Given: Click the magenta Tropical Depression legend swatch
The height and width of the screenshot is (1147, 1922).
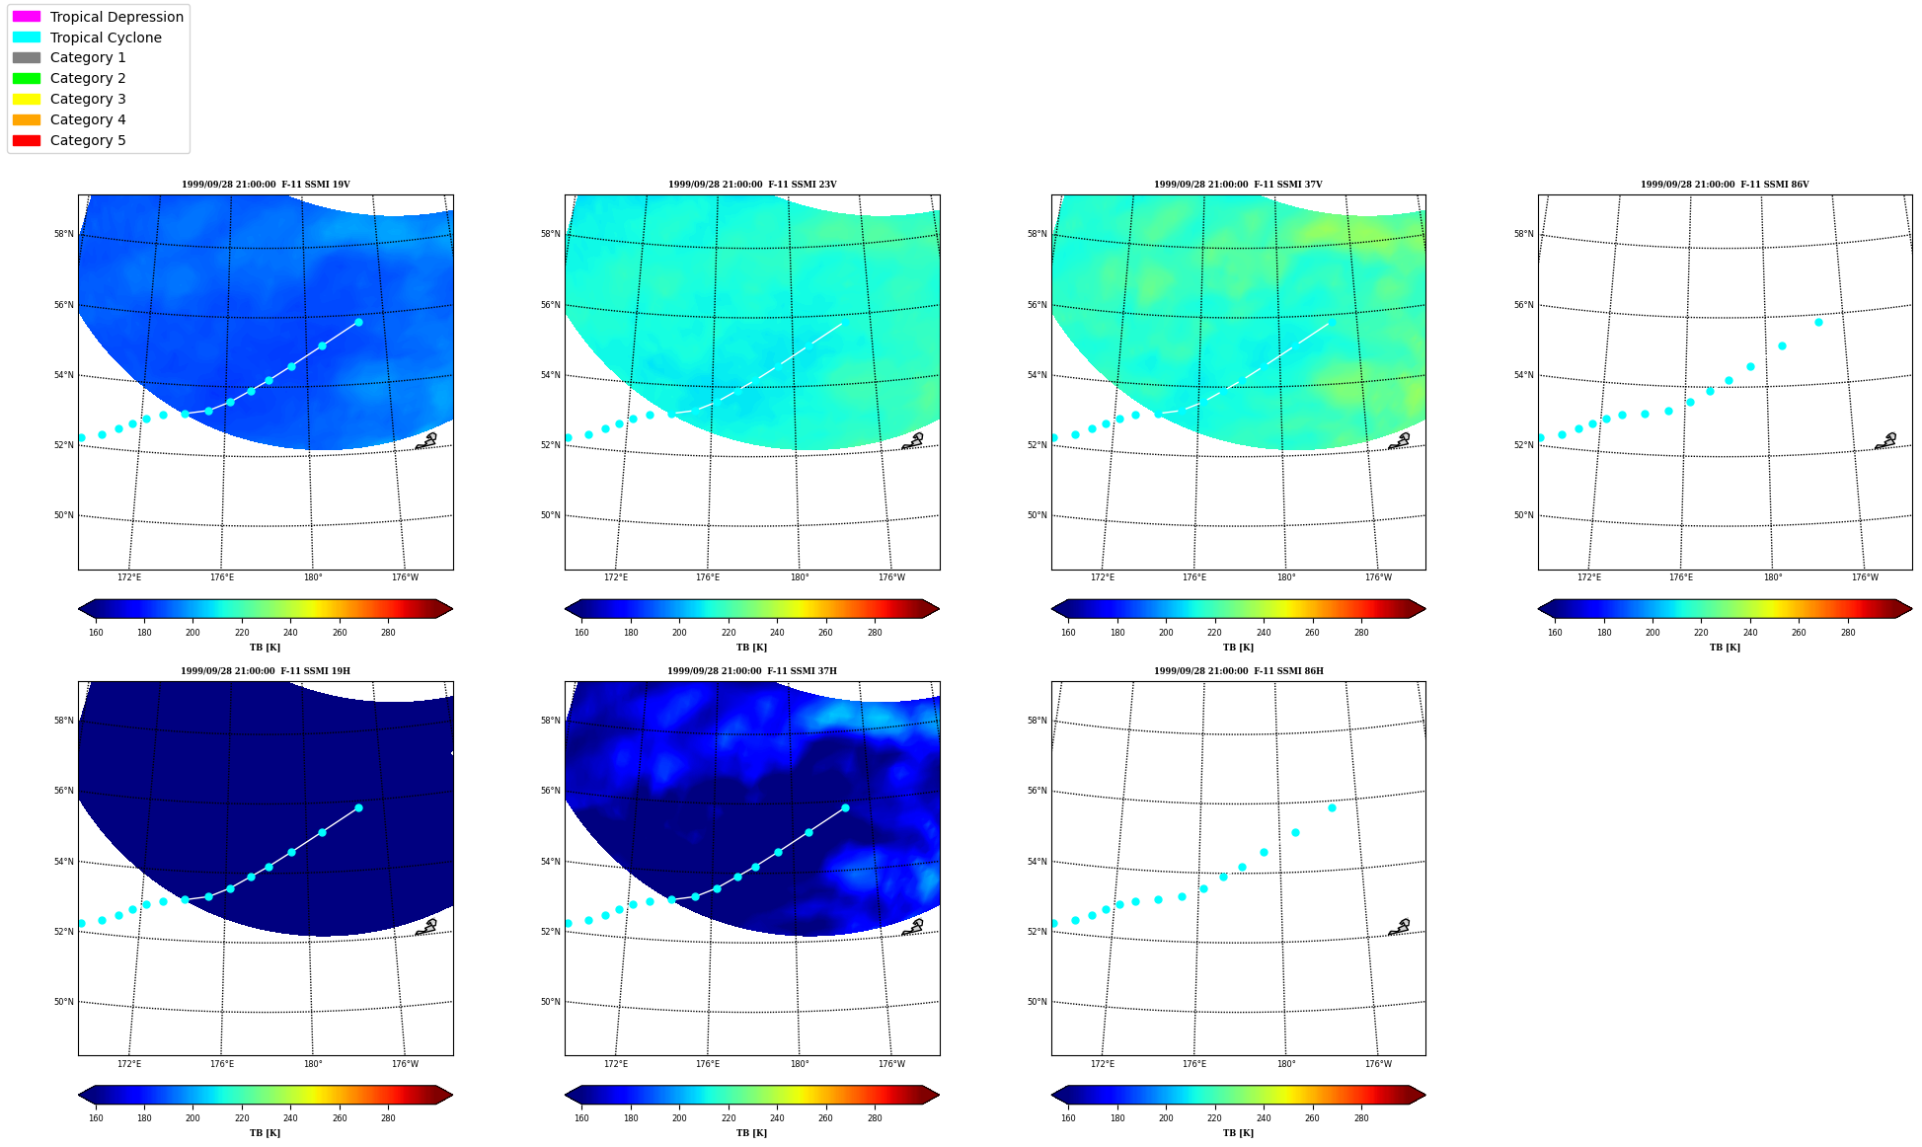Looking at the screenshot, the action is (27, 17).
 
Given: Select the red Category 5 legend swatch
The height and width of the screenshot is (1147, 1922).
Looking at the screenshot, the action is (27, 140).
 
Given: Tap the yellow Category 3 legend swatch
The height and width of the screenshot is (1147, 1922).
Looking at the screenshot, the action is (27, 99).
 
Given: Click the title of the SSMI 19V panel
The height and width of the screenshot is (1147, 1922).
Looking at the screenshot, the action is (266, 185).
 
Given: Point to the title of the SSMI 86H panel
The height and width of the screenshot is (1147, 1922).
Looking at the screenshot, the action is (1239, 671).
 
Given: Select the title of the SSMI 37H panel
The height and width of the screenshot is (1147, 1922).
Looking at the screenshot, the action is (752, 671).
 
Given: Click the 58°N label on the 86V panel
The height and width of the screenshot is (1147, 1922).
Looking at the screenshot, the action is (1523, 234).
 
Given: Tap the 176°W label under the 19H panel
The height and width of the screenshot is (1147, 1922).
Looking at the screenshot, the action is (405, 1064).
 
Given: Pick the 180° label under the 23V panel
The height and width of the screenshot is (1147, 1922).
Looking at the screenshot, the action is (800, 577).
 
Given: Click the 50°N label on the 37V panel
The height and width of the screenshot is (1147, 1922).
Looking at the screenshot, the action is (1037, 515).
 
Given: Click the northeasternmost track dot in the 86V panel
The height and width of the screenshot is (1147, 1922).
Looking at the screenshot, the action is (1818, 322).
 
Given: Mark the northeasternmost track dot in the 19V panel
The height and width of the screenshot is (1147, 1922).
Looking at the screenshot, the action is (358, 322).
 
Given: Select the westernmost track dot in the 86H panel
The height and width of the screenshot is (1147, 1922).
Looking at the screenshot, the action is (1054, 923).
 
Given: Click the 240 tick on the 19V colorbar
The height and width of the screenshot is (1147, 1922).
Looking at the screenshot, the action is (290, 633).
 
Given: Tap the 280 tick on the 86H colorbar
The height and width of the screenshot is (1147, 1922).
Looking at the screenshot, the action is (1361, 1118).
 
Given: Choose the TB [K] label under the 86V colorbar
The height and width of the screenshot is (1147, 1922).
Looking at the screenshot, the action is (1726, 648).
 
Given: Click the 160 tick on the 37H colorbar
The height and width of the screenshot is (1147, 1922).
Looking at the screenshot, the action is (581, 1118).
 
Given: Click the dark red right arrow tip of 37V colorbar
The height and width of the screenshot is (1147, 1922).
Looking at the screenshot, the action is (1424, 608).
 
